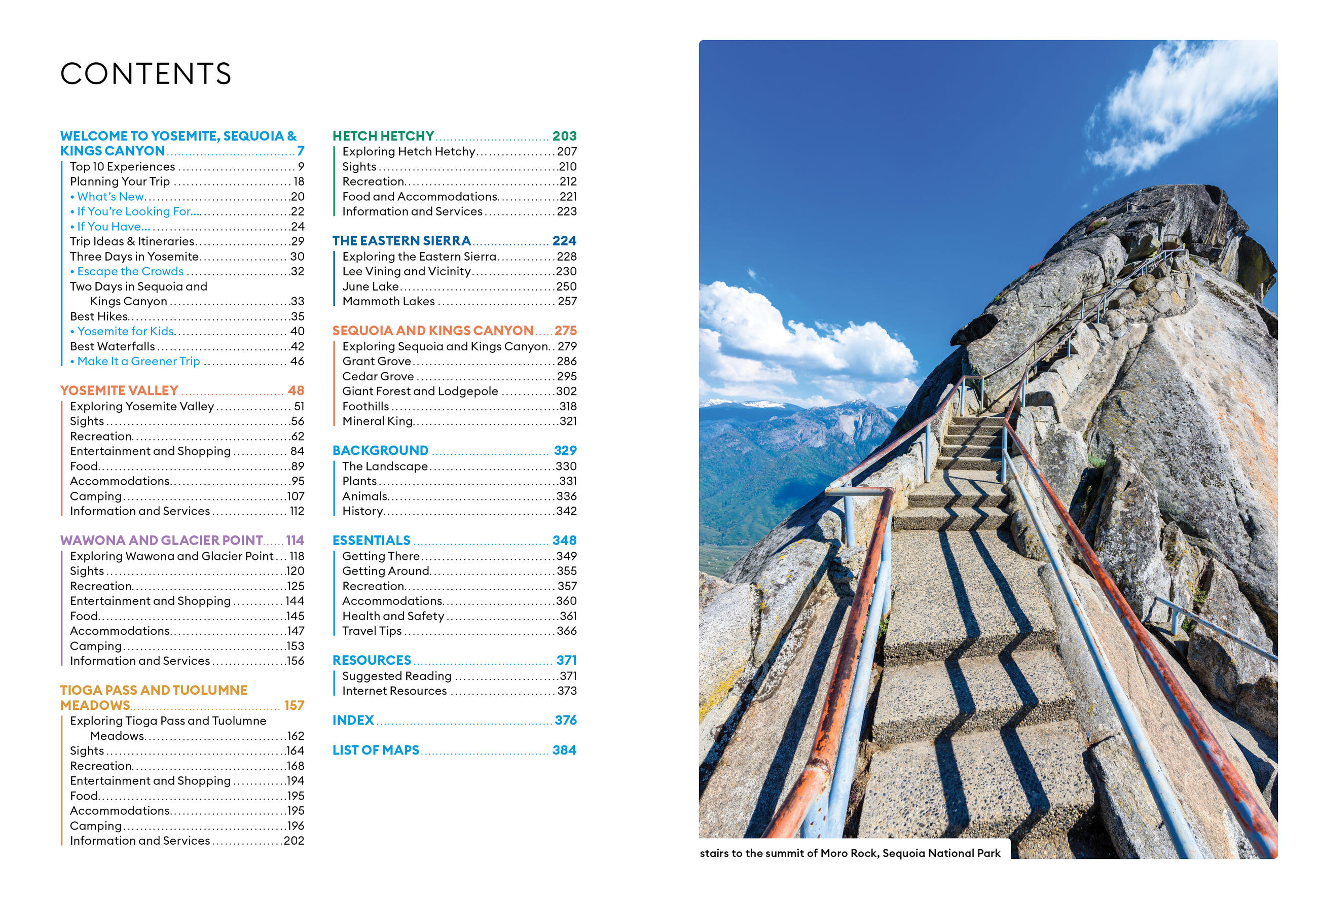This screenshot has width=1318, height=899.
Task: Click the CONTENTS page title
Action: coord(146,74)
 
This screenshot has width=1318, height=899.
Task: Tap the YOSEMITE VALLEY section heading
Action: coord(119,391)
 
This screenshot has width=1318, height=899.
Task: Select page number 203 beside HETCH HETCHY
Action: coord(564,136)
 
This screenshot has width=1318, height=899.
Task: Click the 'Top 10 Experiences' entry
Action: coord(123,167)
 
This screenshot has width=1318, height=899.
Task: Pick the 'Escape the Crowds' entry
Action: coord(130,272)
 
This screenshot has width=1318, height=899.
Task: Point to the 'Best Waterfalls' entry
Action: coord(113,346)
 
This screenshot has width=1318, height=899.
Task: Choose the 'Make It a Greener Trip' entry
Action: coord(138,362)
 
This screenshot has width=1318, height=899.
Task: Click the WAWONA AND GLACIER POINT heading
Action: coord(162,541)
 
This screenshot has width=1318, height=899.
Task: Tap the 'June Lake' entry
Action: coord(371,287)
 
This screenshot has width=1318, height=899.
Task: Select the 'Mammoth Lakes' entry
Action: coord(388,302)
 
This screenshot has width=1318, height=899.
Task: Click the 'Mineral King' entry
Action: coord(378,421)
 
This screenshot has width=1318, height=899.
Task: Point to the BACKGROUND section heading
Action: coord(381,451)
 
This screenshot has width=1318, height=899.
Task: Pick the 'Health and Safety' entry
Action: coord(393,617)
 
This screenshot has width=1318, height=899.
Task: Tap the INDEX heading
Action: coord(353,721)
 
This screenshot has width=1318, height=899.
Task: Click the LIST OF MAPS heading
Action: coord(376,750)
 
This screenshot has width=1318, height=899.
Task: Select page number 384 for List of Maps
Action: coord(564,750)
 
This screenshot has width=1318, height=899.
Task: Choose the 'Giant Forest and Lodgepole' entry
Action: coord(420,391)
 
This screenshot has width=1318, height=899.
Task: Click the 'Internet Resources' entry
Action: coord(395,692)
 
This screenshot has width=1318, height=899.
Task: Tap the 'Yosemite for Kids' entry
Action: coord(125,331)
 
